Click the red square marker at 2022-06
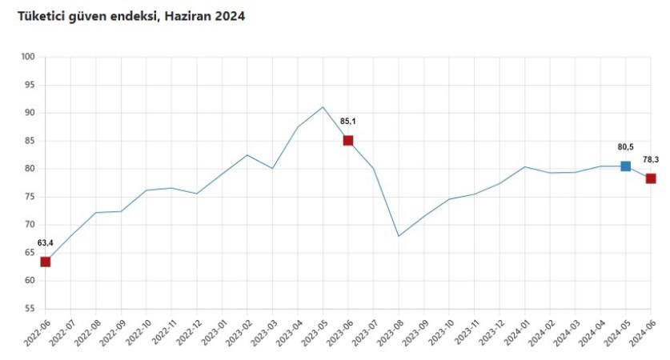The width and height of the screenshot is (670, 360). (46, 262)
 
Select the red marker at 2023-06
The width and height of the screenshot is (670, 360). (348, 141)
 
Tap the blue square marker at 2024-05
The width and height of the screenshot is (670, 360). (625, 166)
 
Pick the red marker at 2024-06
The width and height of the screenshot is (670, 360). (651, 178)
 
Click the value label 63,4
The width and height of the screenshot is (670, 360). (46, 242)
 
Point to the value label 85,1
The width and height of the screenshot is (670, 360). (349, 122)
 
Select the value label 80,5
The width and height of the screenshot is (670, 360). (625, 147)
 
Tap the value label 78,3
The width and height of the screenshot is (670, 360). (651, 160)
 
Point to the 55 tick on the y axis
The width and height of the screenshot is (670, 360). (30, 309)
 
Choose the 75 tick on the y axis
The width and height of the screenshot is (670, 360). (30, 197)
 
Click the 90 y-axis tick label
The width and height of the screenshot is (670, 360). (30, 113)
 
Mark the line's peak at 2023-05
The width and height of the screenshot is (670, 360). (323, 107)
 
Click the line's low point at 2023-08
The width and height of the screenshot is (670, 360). (399, 236)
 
